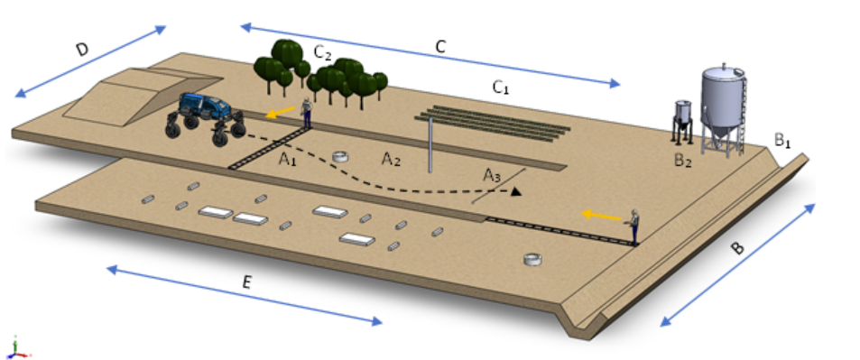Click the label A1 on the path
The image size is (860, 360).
pyautogui.click(x=288, y=160)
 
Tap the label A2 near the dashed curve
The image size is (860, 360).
pyautogui.click(x=391, y=160)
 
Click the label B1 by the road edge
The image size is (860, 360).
pyautogui.click(x=782, y=141)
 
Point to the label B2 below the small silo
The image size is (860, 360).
pyautogui.click(x=683, y=161)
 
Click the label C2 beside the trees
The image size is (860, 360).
pyautogui.click(x=322, y=53)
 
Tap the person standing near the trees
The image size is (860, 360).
pyautogui.click(x=308, y=113)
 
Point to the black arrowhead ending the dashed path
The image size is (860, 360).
pyautogui.click(x=516, y=192)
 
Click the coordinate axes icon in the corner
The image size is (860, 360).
pyautogui.click(x=14, y=348)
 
